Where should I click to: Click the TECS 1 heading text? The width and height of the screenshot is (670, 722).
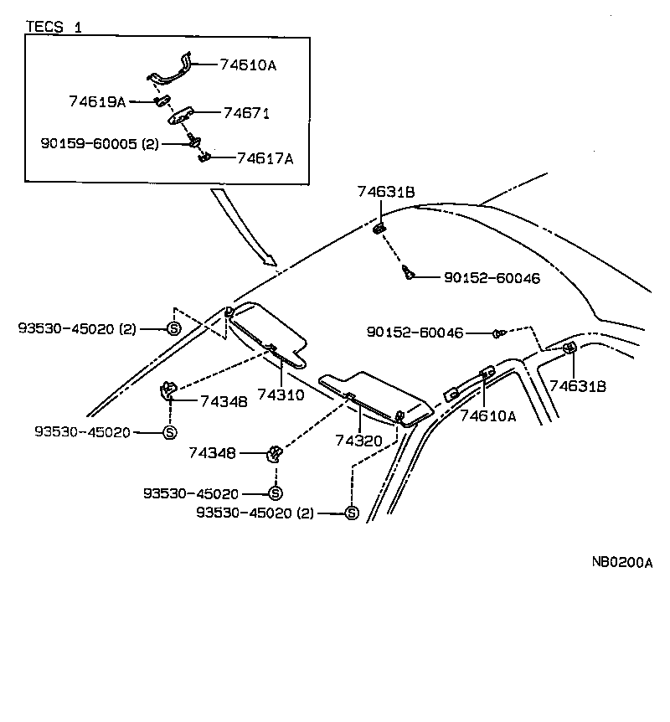click(54, 27)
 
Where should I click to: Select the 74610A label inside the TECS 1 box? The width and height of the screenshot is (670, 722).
click(247, 64)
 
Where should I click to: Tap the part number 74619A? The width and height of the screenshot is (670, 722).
click(96, 101)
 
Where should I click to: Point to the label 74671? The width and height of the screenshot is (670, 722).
click(246, 112)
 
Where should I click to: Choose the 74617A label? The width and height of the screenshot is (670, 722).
click(265, 157)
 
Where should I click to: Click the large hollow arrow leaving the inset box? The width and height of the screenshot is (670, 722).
click(244, 227)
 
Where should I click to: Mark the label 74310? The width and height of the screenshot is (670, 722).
click(281, 394)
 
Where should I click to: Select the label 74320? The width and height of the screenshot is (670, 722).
click(358, 441)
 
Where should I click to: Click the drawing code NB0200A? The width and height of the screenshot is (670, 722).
click(622, 563)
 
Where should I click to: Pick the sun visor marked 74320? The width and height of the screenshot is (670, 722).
click(377, 393)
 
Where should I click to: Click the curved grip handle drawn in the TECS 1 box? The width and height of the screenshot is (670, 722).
click(172, 71)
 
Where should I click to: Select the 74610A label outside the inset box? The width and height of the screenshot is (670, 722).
click(487, 415)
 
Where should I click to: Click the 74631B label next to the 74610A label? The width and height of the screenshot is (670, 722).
click(578, 386)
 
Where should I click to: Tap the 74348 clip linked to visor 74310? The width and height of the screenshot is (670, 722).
click(168, 388)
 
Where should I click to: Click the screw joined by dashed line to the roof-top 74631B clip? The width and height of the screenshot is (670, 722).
click(408, 272)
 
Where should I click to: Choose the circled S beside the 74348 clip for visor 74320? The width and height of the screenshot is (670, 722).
click(274, 494)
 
